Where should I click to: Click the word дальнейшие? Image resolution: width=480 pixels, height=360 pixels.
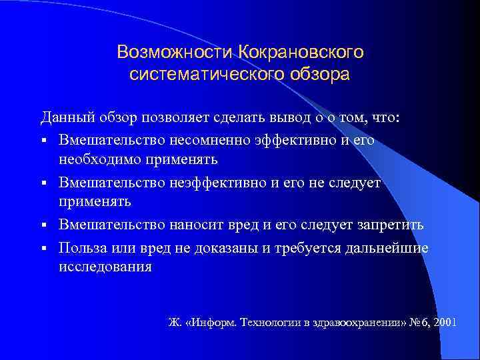coord(389,248)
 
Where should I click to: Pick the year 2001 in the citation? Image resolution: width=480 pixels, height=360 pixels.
coord(444,322)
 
